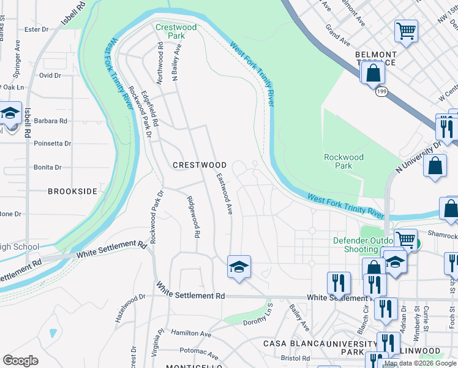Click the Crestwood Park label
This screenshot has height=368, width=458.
pyautogui.click(x=176, y=31)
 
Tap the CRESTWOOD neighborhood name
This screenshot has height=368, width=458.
pyautogui.click(x=200, y=165)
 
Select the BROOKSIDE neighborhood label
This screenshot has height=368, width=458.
pyautogui.click(x=72, y=191)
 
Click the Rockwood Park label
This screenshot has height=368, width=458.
pyautogui.click(x=343, y=161)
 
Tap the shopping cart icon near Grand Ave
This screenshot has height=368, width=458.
pyautogui.click(x=406, y=31)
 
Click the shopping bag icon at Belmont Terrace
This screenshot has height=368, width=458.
pyautogui.click(x=372, y=74)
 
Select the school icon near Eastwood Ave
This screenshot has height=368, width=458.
pyautogui.click(x=239, y=267)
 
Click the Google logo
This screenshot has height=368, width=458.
pyautogui.click(x=20, y=361)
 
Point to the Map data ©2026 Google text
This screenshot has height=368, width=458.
pyautogui.click(x=420, y=363)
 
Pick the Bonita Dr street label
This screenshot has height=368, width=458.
pyautogui.click(x=48, y=167)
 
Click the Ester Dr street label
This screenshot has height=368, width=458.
pyautogui.click(x=36, y=29)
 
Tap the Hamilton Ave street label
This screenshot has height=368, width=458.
pyautogui.click(x=190, y=334)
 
